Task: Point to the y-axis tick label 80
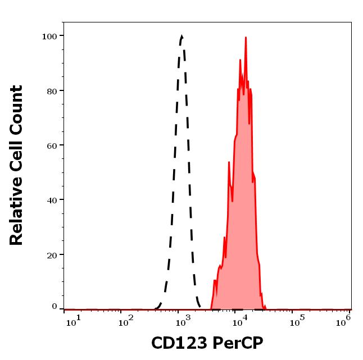coord(51,90)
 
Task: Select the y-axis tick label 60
coord(51,145)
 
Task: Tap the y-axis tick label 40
coord(51,199)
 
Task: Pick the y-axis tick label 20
coord(51,254)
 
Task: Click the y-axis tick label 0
coord(54,307)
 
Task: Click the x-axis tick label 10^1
coord(73,320)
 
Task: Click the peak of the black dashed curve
coord(182,37)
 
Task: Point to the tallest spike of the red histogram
coord(246,38)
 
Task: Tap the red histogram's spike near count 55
coord(229,162)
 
